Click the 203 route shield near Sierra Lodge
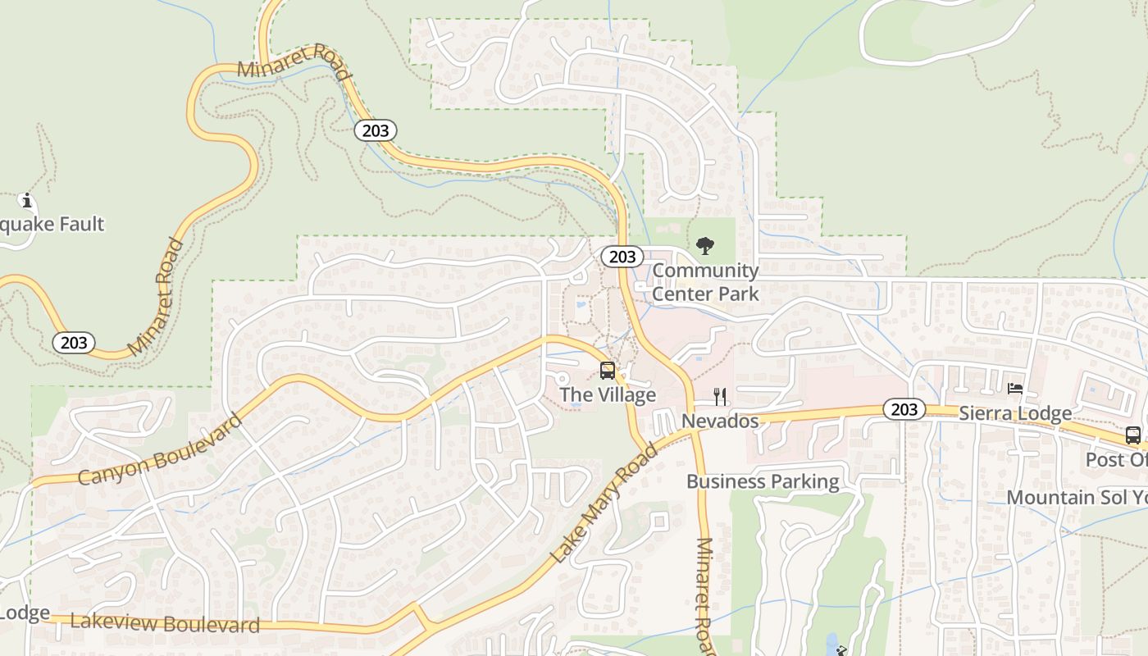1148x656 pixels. (904, 409)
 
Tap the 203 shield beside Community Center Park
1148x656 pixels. (622, 257)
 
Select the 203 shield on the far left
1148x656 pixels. (74, 342)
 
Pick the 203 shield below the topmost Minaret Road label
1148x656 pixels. (376, 130)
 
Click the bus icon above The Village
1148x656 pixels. (607, 371)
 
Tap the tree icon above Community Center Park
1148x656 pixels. (704, 245)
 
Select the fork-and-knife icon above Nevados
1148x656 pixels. (720, 397)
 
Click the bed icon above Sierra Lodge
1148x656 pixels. (1015, 389)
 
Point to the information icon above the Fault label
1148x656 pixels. (26, 200)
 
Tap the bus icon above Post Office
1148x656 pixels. (1132, 435)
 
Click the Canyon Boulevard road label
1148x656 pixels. (161, 449)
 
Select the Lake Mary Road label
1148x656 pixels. (604, 503)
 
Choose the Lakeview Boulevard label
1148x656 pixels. (165, 623)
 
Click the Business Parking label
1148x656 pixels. (763, 481)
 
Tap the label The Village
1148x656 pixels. (608, 395)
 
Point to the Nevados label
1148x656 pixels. (720, 421)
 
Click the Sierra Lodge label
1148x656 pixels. (1015, 413)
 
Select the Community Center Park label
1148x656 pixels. (705, 281)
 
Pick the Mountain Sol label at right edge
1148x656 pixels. (1076, 498)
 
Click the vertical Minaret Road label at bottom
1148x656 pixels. (705, 594)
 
